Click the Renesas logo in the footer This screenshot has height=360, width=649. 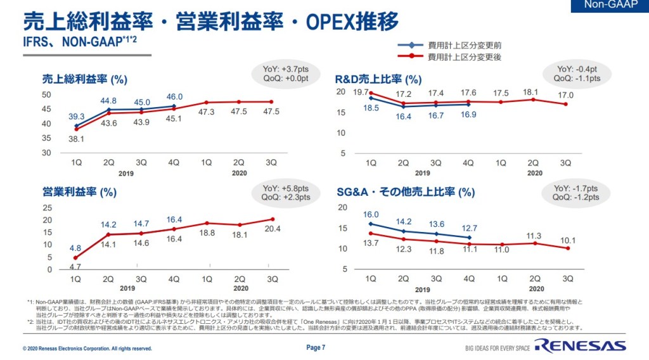pos(579,346)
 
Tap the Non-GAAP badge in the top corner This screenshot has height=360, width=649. pos(610,6)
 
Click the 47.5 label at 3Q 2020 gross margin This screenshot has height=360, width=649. pos(271,112)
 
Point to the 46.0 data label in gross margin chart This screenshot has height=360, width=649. pos(174,97)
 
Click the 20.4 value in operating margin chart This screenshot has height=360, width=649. pos(271,229)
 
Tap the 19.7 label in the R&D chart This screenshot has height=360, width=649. pos(361,93)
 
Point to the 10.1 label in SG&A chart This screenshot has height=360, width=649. pos(566,240)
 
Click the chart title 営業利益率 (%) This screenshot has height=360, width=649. pos(79,192)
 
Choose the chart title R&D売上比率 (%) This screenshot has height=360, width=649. pos(378,79)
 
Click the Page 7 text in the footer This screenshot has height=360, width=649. pos(316,347)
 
